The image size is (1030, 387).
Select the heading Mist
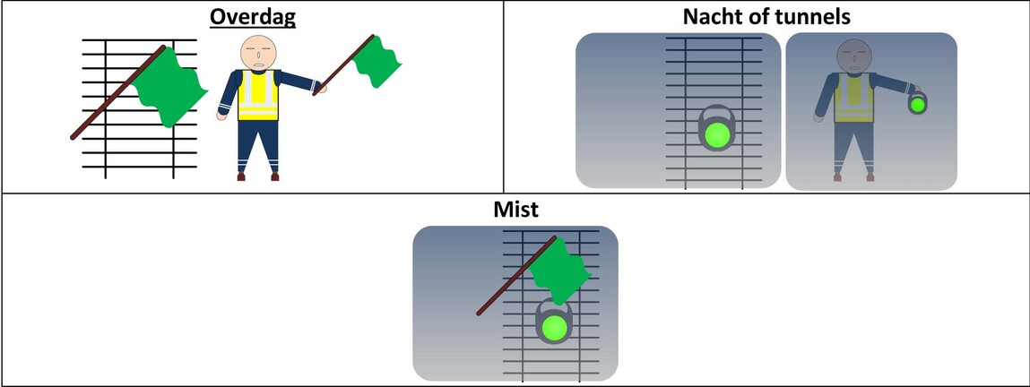click(x=515, y=210)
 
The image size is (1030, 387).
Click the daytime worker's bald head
click(x=258, y=53)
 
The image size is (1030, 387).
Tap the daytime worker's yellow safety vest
click(x=258, y=95)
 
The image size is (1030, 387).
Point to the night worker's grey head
click(x=853, y=56)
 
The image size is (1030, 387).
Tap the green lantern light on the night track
click(x=715, y=135)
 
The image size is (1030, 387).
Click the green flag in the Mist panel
click(x=559, y=271)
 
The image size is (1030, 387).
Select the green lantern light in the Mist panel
click(x=553, y=327)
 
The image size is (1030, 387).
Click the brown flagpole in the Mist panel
click(x=516, y=276)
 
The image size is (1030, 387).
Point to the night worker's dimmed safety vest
click(x=853, y=97)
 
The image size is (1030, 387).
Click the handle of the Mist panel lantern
click(x=553, y=304)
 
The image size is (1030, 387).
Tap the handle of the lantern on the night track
click(x=715, y=110)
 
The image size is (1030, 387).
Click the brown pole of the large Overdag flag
click(x=118, y=92)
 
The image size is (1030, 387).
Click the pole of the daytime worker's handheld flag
click(x=343, y=64)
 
